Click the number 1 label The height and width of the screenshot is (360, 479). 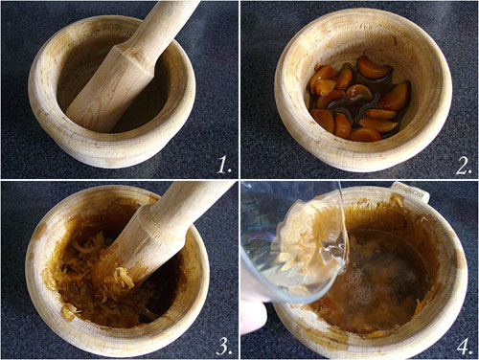(x=224, y=167)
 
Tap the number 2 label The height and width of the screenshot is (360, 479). (x=464, y=167)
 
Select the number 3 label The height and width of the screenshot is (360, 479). (x=224, y=346)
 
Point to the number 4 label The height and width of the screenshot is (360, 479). (x=464, y=346)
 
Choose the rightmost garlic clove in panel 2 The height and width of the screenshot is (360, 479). (x=395, y=97)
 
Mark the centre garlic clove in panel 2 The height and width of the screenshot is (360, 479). (x=358, y=93)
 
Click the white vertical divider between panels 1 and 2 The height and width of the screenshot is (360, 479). (x=239, y=89)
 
